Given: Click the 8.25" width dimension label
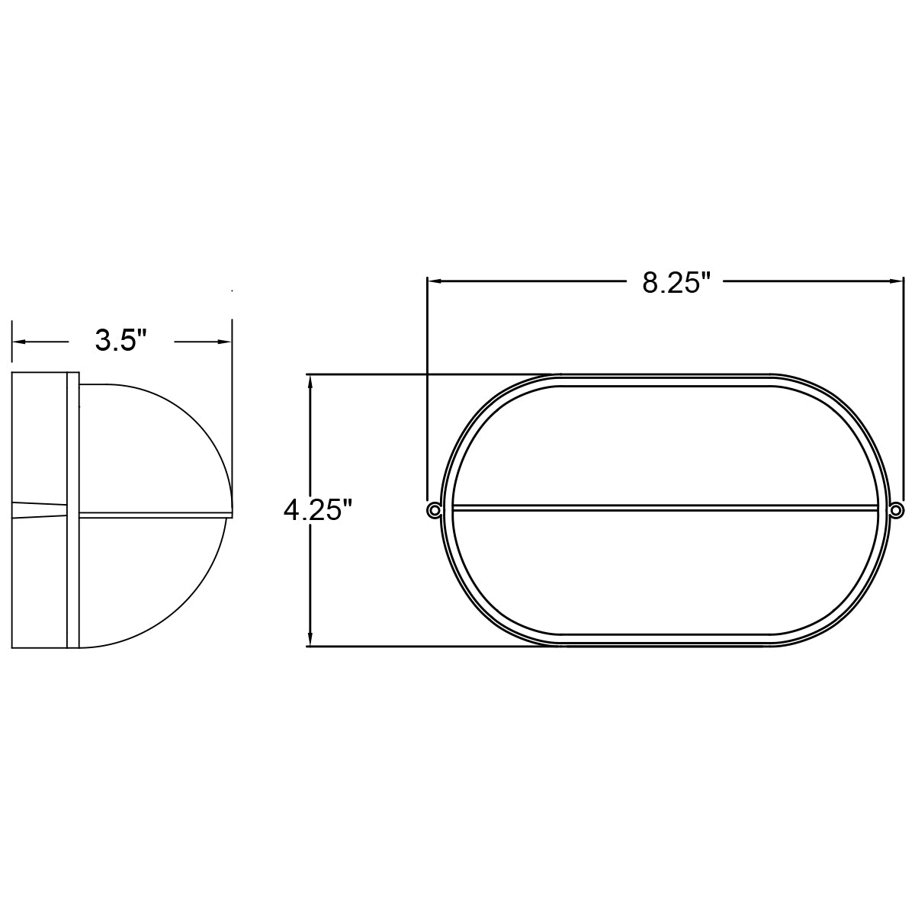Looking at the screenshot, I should click(676, 282).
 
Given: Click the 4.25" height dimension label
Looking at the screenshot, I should click(318, 509).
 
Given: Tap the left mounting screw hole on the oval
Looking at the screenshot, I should click(434, 509).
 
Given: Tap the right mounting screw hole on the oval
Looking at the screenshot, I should click(897, 509).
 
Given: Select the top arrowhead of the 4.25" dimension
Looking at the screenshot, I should click(310, 381).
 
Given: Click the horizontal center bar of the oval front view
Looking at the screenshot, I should click(663, 506).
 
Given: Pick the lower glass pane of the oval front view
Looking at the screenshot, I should click(663, 572).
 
